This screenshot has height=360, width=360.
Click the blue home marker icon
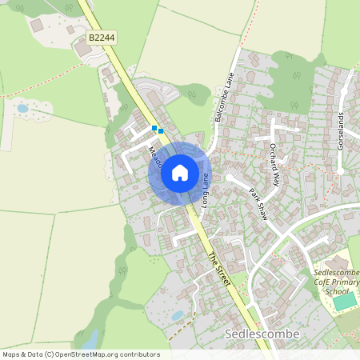pos(180,173)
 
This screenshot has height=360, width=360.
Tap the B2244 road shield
pos(102,38)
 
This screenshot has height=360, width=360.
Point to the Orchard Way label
pos(274,165)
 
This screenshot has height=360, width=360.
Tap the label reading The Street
pos(218,270)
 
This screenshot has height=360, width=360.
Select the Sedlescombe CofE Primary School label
pos(336,282)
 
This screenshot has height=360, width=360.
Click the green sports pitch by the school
pos(345,302)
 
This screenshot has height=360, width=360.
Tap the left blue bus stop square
pos(154,127)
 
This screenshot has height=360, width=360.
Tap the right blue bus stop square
pos(161,130)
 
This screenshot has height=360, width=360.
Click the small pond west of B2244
pos(22,107)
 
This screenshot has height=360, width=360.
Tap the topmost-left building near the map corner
pos(37,26)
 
